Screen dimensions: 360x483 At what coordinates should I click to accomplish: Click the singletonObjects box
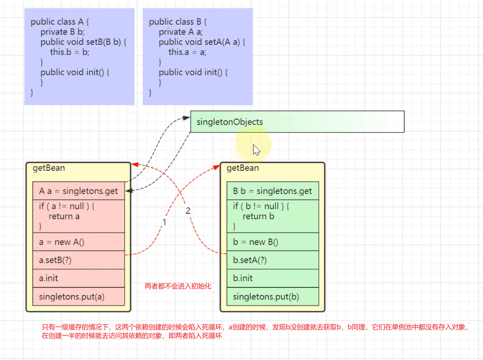point(297,122)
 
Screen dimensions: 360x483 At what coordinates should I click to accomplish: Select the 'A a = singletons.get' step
point(79,191)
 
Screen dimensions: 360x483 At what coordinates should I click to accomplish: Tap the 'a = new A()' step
point(79,242)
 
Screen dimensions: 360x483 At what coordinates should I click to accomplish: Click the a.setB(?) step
point(79,260)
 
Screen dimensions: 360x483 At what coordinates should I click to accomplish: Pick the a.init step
point(79,278)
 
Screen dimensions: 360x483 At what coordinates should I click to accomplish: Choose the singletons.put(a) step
point(79,296)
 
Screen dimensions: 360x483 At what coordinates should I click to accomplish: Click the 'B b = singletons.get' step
point(273,191)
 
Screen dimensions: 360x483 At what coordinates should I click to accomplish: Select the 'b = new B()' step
point(273,242)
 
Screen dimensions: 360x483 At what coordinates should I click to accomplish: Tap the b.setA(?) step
point(273,260)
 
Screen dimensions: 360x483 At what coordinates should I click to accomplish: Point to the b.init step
point(273,278)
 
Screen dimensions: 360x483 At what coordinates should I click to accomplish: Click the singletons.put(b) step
point(273,296)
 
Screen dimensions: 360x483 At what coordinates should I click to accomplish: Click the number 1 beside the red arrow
point(164,222)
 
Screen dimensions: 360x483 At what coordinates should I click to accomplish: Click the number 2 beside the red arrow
point(188,211)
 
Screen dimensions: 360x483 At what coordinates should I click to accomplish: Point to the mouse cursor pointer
point(256,150)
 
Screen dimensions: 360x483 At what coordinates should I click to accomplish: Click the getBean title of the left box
point(48,168)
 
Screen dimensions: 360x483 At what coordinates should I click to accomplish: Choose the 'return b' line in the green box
point(258,216)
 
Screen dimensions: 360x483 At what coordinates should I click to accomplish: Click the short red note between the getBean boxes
point(178,286)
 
